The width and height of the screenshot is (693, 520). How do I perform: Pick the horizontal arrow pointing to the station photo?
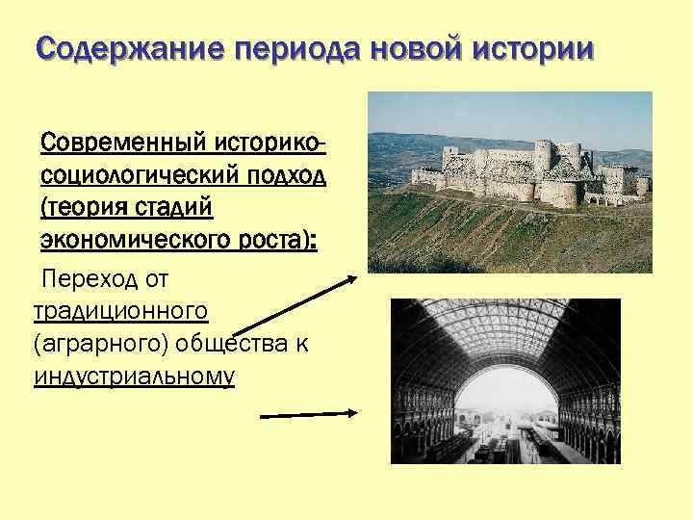click(x=310, y=415)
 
